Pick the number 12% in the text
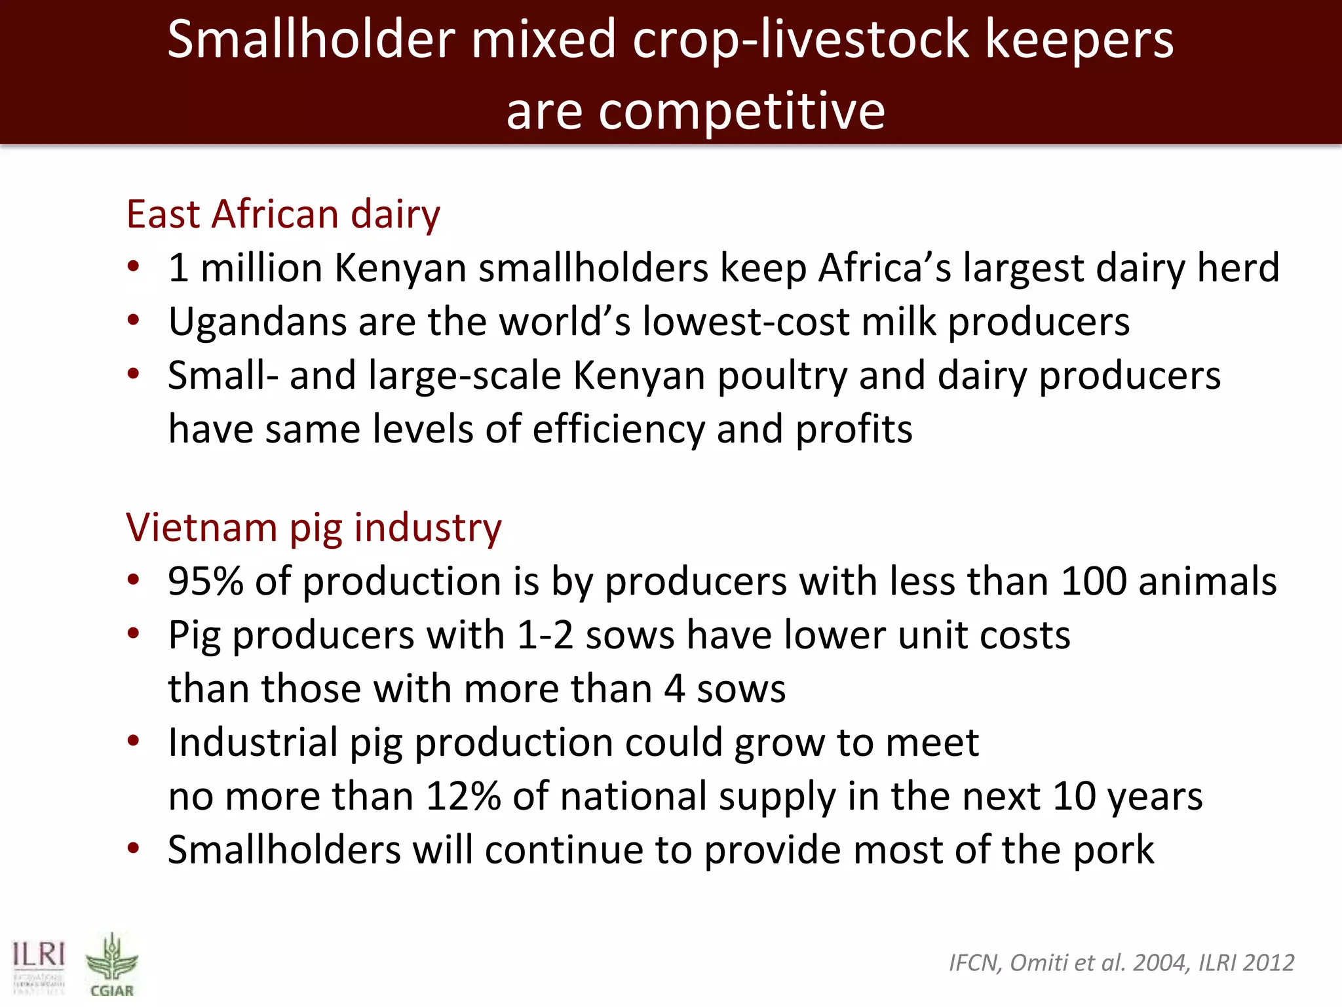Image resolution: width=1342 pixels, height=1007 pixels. click(x=463, y=796)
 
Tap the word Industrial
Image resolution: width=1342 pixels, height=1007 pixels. click(x=252, y=742)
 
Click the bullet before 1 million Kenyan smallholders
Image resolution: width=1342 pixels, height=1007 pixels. click(x=134, y=267)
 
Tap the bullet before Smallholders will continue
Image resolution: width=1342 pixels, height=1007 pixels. click(x=134, y=848)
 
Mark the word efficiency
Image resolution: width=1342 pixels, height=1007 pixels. click(x=618, y=429)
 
